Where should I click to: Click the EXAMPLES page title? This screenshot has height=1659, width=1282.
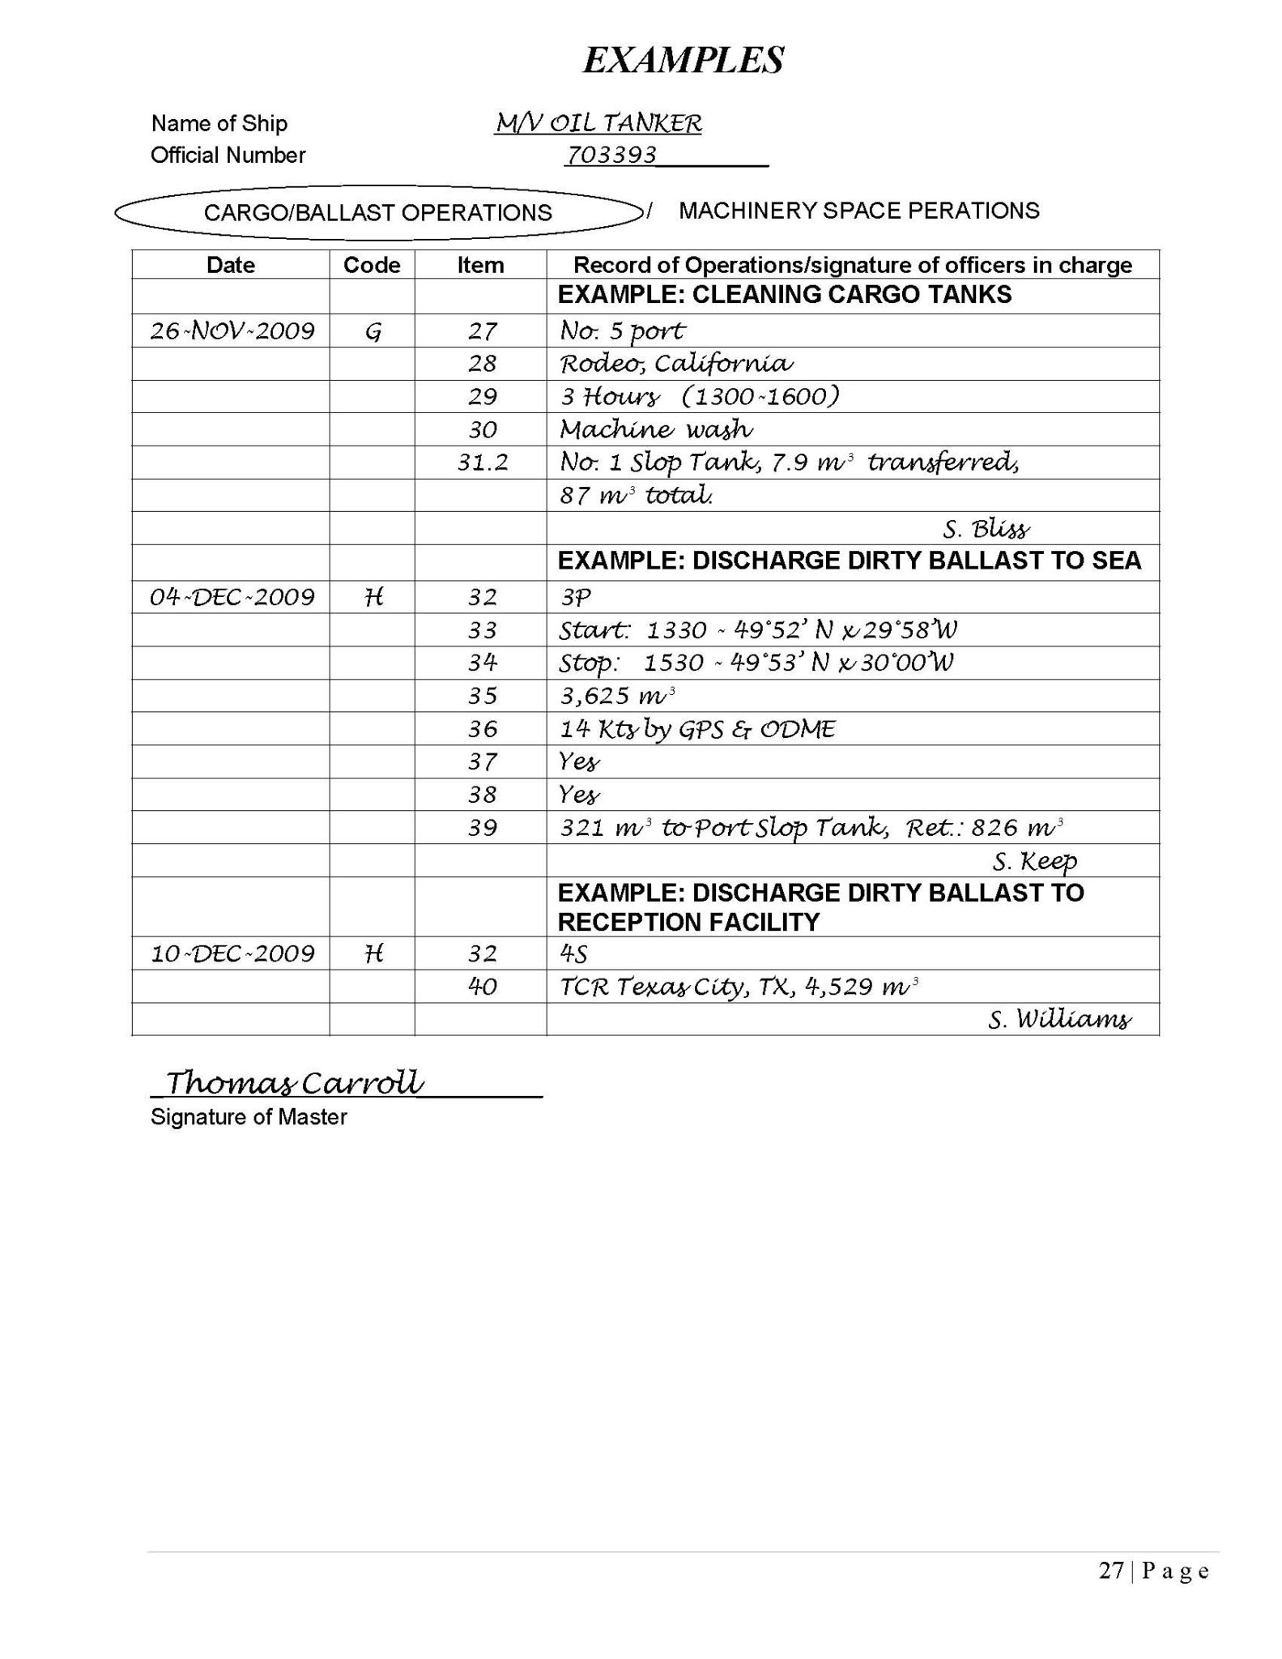(x=683, y=61)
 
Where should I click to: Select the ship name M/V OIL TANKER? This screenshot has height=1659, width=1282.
(x=598, y=123)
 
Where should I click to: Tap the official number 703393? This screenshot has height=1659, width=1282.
(x=611, y=155)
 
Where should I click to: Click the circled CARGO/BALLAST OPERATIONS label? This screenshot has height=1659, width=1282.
(x=377, y=213)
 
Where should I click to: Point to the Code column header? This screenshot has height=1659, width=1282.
(x=372, y=265)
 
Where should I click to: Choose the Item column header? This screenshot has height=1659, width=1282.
(x=480, y=265)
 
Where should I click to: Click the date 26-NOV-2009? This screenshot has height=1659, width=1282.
(x=232, y=331)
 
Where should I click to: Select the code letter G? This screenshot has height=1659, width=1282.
(x=373, y=331)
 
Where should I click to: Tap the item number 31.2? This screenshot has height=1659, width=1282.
(x=483, y=463)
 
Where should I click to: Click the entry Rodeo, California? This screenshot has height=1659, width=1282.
(x=676, y=364)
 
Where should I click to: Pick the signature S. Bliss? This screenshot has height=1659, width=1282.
(x=986, y=530)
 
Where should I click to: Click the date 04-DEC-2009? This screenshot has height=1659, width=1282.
(x=232, y=598)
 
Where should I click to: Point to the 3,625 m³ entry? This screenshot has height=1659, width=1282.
(x=617, y=696)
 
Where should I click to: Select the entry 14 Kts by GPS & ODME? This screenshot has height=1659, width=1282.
(x=697, y=729)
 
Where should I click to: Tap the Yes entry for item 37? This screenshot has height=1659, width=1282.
(x=580, y=762)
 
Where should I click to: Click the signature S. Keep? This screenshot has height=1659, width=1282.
(x=1034, y=861)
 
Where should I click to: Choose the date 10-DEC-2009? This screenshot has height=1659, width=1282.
(x=232, y=953)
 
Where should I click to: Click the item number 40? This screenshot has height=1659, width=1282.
(x=482, y=987)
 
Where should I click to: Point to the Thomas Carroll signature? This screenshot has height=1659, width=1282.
(x=295, y=1082)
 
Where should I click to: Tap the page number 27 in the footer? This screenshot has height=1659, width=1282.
(x=1110, y=1572)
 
